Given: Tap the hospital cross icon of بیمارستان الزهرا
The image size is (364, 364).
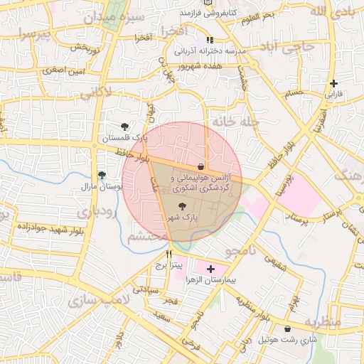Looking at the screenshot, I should point(210,269).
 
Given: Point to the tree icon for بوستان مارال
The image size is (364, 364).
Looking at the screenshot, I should point(102,174).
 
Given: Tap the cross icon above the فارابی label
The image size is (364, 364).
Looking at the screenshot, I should point(334,82).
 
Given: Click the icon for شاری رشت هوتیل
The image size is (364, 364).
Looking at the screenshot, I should point(287,329).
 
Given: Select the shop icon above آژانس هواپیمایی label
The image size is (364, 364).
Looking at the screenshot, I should point(190,166).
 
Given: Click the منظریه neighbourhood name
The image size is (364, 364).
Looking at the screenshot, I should point(323,322).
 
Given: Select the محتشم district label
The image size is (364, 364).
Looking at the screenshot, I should point(148,237).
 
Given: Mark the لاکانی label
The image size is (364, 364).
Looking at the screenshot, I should point(96,92).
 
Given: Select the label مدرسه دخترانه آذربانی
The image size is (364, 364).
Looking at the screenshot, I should point(211,53).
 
